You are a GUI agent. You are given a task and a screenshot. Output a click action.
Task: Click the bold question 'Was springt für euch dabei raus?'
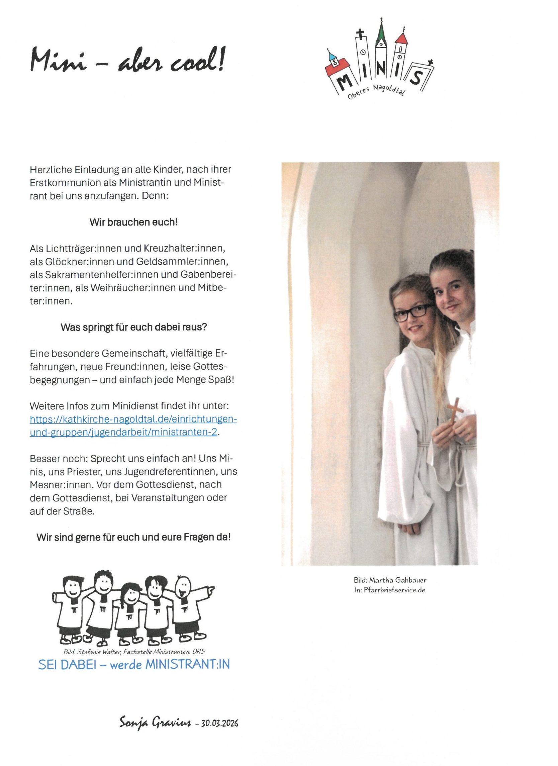point(133,327)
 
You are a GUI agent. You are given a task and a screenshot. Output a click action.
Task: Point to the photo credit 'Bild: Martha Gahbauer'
point(390,580)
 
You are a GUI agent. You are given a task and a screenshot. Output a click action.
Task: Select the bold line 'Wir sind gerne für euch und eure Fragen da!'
point(133,537)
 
